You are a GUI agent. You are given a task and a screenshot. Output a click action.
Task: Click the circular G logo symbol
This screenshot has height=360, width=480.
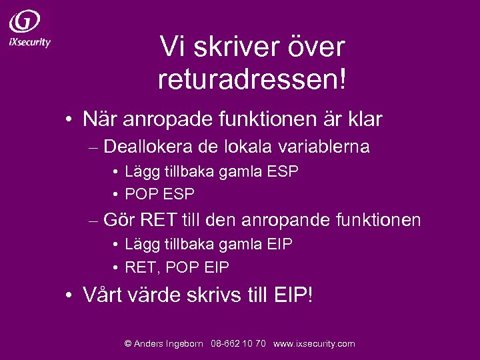click(25, 21)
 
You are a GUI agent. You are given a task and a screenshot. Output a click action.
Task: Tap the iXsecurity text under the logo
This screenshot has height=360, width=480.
click(29, 42)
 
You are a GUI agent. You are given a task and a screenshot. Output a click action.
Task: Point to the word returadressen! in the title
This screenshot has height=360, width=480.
click(253, 79)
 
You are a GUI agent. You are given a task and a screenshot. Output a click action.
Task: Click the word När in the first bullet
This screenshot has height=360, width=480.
click(97, 119)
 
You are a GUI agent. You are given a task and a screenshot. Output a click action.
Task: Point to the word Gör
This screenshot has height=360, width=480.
click(118, 219)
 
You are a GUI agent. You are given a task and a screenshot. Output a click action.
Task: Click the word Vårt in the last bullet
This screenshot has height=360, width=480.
click(102, 294)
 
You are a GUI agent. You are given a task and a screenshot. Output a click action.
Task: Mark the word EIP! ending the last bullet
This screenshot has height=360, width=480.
click(293, 294)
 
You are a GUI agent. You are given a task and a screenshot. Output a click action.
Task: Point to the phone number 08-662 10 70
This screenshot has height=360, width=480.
click(238, 344)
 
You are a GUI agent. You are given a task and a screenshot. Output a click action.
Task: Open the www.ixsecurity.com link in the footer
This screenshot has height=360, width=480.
click(314, 344)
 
